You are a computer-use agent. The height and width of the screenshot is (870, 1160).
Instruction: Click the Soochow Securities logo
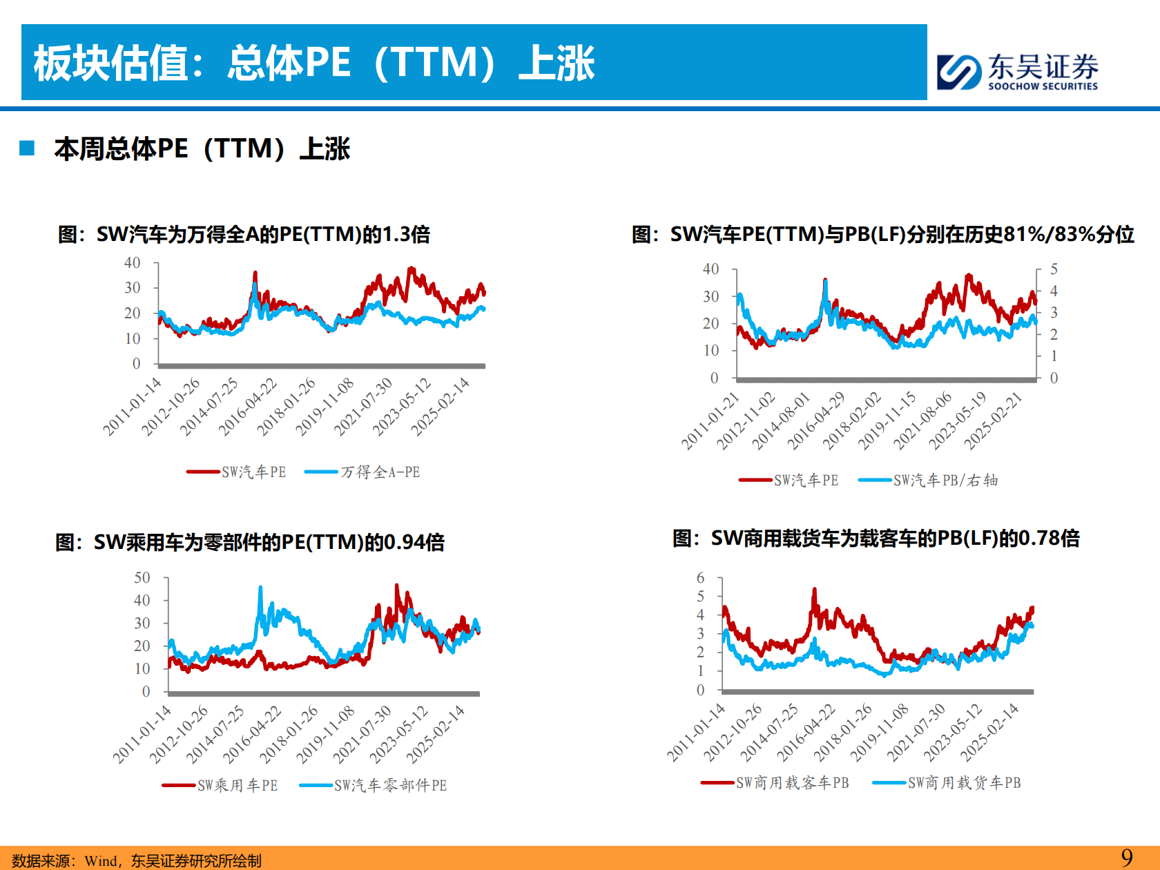click(x=1017, y=71)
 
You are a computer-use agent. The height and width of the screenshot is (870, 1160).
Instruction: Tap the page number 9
click(x=1127, y=858)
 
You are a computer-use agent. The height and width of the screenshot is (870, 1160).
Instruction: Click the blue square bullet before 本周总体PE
click(x=28, y=148)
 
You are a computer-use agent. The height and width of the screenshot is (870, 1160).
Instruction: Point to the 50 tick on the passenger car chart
click(x=142, y=578)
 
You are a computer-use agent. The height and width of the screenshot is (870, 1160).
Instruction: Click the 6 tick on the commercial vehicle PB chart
click(x=701, y=578)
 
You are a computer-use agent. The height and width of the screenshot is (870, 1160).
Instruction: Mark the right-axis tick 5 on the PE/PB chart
click(x=1054, y=269)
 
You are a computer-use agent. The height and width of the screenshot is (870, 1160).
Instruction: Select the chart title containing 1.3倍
click(x=244, y=235)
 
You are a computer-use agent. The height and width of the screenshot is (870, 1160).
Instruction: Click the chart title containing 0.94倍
click(x=250, y=543)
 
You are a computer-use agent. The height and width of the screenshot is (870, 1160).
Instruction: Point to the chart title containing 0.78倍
click(x=876, y=539)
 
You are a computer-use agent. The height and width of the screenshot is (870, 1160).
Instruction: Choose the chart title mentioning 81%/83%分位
click(x=882, y=235)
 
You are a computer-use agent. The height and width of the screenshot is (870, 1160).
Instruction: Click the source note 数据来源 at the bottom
click(x=137, y=860)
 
